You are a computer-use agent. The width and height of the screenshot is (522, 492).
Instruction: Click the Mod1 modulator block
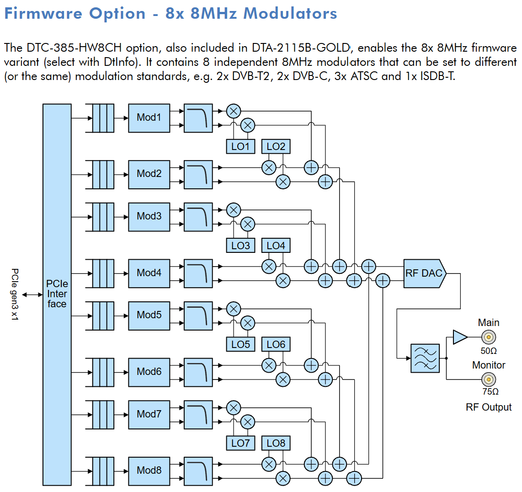point(149,118)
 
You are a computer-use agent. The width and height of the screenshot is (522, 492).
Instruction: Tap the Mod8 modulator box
point(149,471)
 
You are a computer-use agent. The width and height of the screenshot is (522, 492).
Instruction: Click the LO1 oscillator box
point(240,147)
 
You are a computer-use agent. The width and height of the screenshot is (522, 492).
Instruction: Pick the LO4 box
point(276,246)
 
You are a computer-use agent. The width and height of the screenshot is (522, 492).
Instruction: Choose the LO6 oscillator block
point(276,344)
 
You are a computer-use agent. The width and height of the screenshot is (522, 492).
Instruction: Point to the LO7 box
point(240,443)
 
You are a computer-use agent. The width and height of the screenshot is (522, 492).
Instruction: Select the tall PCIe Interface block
point(57,294)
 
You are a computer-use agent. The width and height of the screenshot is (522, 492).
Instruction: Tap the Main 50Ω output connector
point(488,337)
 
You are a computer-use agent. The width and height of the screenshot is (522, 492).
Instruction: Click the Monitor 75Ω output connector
point(488,380)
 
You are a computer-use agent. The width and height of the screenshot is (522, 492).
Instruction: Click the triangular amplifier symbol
point(460,337)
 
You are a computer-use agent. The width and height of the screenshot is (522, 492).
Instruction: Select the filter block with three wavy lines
point(425,358)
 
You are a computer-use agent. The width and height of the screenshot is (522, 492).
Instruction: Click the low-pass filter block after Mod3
point(198,217)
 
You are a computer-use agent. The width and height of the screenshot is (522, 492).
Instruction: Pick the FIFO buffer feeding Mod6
point(100,372)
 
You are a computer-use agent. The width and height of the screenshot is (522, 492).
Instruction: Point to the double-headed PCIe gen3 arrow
point(32,294)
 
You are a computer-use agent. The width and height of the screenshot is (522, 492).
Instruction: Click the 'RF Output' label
point(488,407)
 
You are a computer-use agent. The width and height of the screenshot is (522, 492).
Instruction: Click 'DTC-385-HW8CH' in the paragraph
point(74,48)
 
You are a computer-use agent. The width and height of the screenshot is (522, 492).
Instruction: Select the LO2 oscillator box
point(276,147)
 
